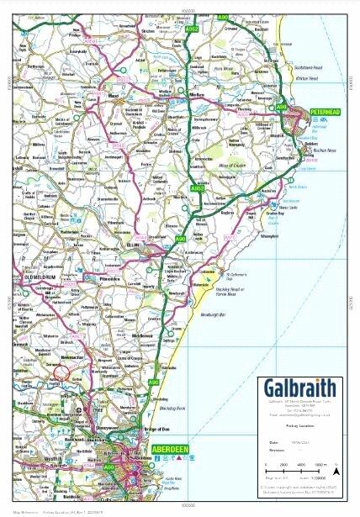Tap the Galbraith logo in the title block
[299, 388]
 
